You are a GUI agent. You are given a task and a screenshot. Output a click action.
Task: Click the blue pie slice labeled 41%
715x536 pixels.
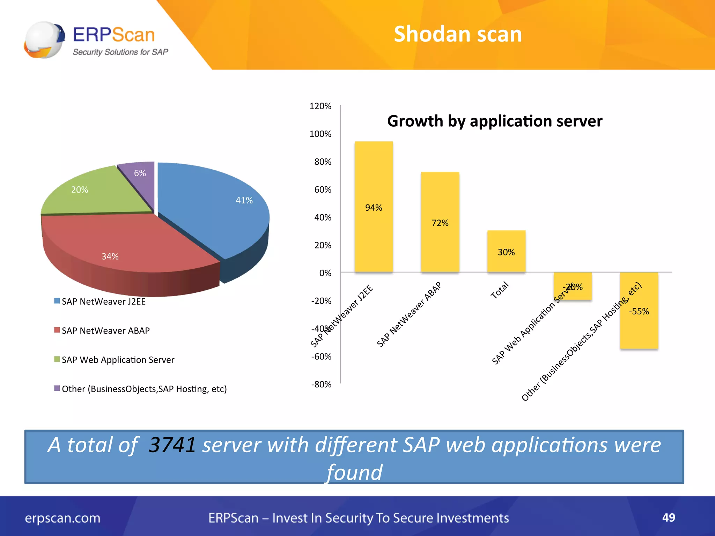click(x=216, y=209)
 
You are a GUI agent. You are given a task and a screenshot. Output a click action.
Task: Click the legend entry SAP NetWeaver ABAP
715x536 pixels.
click(x=105, y=330)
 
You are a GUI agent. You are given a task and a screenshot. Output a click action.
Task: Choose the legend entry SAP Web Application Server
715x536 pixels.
click(x=118, y=360)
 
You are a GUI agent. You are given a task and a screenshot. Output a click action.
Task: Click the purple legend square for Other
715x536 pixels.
click(x=57, y=388)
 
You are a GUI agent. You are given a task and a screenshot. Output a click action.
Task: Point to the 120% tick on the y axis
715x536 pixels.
click(x=320, y=106)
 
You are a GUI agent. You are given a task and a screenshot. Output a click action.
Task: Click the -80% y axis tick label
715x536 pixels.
click(x=321, y=384)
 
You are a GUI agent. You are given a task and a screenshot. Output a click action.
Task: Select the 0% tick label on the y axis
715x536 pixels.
click(x=325, y=273)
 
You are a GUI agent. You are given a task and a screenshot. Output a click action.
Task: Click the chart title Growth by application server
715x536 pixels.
click(x=494, y=121)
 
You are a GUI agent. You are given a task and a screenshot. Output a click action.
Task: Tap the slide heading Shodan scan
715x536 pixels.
click(x=458, y=34)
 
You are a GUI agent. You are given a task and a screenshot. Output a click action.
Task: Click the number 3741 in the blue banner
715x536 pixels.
click(x=172, y=445)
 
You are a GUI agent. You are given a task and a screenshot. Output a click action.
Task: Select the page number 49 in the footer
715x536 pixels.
click(x=668, y=518)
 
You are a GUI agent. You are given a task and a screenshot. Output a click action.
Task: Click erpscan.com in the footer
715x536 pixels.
click(x=62, y=518)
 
